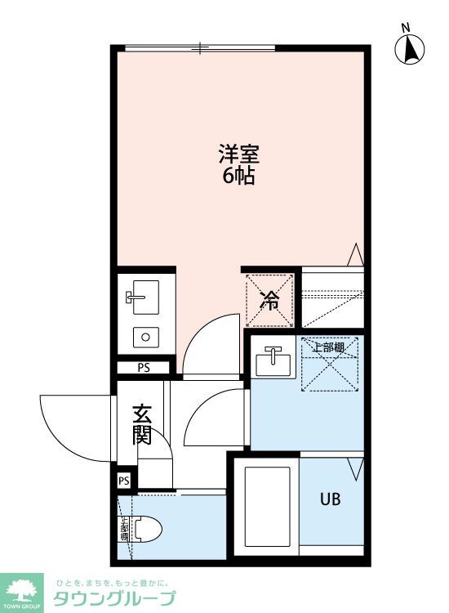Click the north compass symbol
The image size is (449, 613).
tap(411, 49)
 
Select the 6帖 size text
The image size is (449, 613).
tap(239, 175)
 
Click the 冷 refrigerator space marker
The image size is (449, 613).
tap(269, 300)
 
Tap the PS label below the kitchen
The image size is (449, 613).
tap(144, 367)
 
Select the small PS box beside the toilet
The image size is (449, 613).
tap(124, 481)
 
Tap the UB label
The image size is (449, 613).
tap(330, 499)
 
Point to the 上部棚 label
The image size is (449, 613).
tap(329, 347)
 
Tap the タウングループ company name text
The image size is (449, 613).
tap(113, 598)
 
